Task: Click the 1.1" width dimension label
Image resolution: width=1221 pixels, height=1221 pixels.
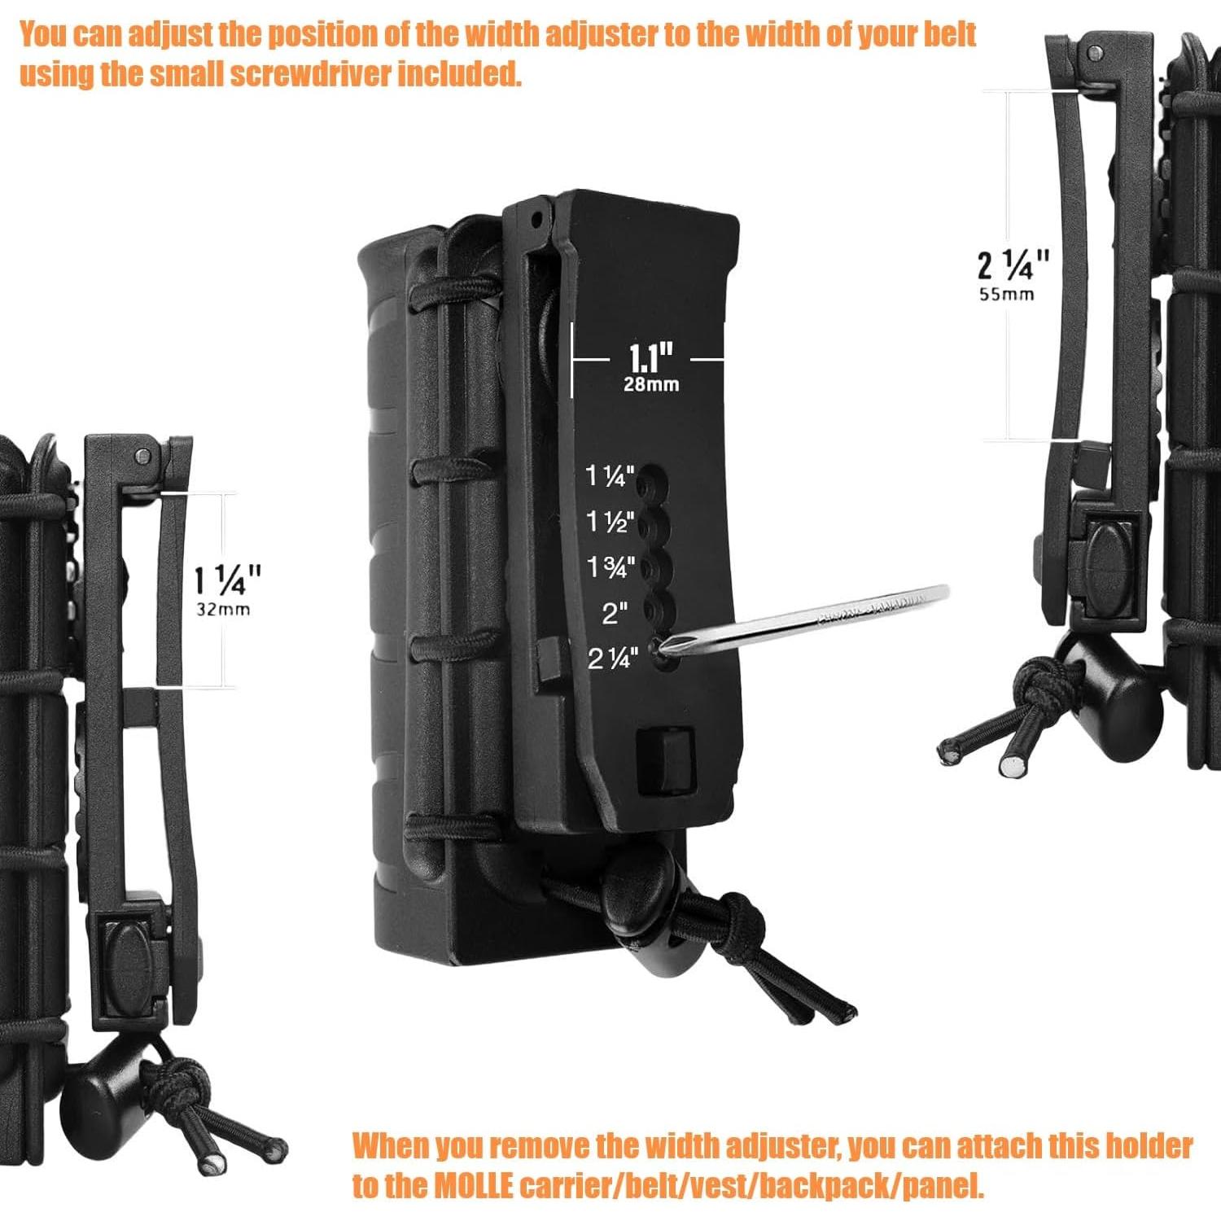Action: [x=650, y=358]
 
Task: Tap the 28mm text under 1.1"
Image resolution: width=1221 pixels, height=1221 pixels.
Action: [x=650, y=384]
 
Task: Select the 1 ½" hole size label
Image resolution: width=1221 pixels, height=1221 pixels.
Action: [x=610, y=522]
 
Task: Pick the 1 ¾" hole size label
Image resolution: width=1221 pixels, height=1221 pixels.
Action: [x=610, y=567]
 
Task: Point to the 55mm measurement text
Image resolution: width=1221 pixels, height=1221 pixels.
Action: [x=1006, y=295]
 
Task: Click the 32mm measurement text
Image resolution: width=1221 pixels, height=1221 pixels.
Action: [x=223, y=609]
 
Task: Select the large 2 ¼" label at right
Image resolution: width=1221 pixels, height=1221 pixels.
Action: [x=1013, y=265]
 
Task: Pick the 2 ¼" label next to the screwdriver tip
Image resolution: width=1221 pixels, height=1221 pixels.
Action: [x=610, y=658]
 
